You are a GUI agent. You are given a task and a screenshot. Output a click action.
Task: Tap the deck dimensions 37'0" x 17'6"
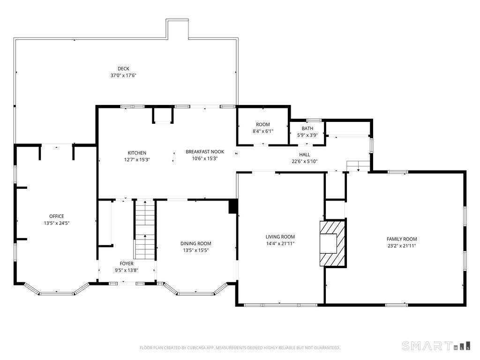(x=123, y=75)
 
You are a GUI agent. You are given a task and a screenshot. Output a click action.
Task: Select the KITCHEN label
(x=137, y=153)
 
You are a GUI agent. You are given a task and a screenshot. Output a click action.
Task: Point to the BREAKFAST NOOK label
(x=205, y=151)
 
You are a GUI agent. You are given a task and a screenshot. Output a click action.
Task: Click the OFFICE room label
(x=56, y=216)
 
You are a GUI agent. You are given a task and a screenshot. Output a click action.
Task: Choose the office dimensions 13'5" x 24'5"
(x=56, y=223)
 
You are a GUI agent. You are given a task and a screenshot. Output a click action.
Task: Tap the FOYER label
(x=126, y=263)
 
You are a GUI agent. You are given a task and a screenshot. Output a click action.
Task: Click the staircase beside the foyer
(x=144, y=229)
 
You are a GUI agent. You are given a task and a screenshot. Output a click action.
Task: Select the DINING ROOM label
(x=195, y=243)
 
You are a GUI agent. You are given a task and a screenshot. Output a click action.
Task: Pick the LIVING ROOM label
(x=280, y=237)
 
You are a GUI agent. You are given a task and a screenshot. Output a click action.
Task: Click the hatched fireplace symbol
(x=333, y=244)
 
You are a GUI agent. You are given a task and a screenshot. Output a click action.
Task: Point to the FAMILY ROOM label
(x=401, y=239)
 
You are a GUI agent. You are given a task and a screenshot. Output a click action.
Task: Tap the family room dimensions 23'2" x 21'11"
(x=401, y=246)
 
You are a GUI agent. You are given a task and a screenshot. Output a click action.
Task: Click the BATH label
(x=307, y=128)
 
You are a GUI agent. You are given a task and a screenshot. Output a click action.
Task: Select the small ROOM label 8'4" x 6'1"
(x=262, y=124)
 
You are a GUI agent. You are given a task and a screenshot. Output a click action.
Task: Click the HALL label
(x=304, y=155)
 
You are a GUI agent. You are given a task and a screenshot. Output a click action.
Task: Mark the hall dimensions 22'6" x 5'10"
(x=304, y=162)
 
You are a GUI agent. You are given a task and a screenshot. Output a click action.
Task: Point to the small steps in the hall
(x=358, y=166)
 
